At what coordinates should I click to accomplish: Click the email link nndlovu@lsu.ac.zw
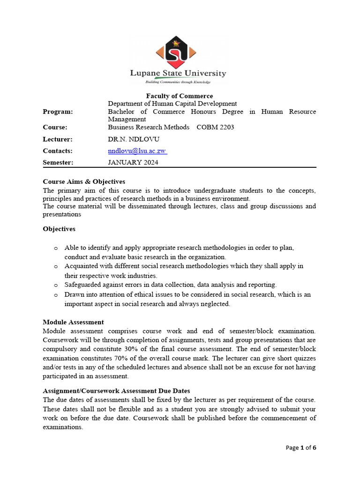point(137,151)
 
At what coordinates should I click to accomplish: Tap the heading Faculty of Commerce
point(180,96)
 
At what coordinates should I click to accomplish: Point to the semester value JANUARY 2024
point(133,163)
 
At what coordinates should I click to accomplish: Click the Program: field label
point(58,112)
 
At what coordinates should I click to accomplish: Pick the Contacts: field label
point(58,151)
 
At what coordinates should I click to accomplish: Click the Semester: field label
point(58,163)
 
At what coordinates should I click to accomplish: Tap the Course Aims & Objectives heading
point(84,181)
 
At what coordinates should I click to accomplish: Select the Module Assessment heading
point(73,322)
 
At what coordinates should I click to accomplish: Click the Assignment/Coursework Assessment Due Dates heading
point(116,390)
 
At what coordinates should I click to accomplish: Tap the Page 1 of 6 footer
point(301,448)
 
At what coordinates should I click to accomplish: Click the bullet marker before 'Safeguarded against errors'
point(56,285)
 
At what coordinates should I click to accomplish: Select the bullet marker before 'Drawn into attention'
point(56,295)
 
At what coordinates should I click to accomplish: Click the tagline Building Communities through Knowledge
point(178,82)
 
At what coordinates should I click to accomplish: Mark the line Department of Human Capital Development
point(172,104)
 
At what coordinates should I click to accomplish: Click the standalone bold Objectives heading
point(59,229)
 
